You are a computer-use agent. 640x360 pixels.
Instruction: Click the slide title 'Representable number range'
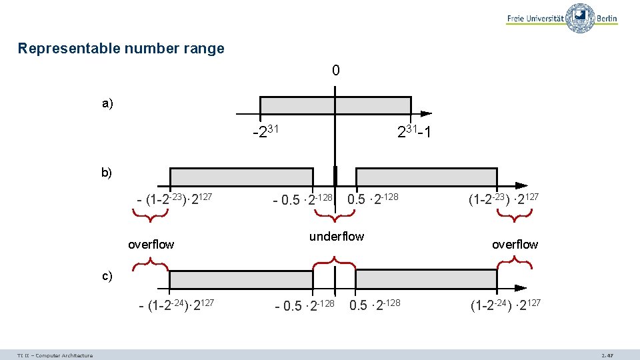pyautogui.click(x=121, y=49)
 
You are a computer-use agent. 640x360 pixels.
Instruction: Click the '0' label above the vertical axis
pyautogui.click(x=335, y=71)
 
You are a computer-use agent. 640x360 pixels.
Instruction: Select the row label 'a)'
pyautogui.click(x=107, y=103)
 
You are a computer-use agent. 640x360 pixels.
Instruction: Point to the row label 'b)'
pyautogui.click(x=107, y=173)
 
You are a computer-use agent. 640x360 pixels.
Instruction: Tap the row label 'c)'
pyautogui.click(x=107, y=275)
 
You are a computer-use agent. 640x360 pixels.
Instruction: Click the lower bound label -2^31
pyautogui.click(x=265, y=133)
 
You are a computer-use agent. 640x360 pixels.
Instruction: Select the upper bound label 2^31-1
pyautogui.click(x=413, y=133)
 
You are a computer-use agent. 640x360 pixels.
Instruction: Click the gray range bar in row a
pyautogui.click(x=335, y=105)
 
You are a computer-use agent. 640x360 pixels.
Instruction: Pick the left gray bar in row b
pyautogui.click(x=241, y=177)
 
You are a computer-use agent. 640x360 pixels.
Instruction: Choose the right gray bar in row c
pyautogui.click(x=426, y=279)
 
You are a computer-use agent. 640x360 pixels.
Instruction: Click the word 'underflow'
pyautogui.click(x=337, y=237)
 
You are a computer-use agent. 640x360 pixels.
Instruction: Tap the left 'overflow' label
pyautogui.click(x=151, y=245)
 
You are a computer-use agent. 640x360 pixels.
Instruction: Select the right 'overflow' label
pyautogui.click(x=515, y=245)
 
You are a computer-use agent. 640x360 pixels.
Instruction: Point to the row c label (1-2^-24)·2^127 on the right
pyautogui.click(x=505, y=306)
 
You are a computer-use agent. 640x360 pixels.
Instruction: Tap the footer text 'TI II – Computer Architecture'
pyautogui.click(x=55, y=355)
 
